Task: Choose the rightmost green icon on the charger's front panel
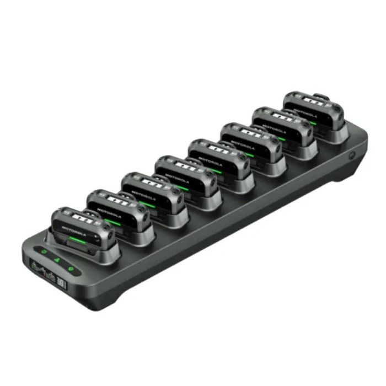point(71,270)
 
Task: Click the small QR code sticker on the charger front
point(62,285)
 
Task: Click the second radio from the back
point(281,125)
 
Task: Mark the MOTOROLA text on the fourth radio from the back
point(210,157)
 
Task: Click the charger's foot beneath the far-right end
point(347,175)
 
